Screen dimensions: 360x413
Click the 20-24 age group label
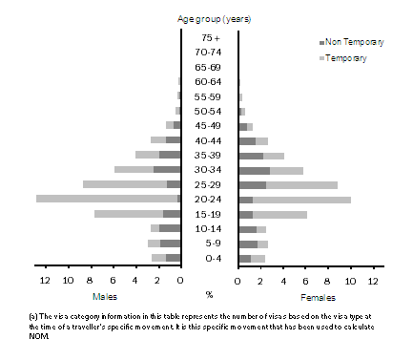(x=209, y=200)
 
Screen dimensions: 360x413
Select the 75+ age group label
(x=209, y=38)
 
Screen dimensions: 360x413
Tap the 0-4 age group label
(x=209, y=259)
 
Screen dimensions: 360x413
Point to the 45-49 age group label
(x=209, y=126)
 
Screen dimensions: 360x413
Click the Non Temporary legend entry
(x=355, y=43)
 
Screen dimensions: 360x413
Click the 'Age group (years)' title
(x=209, y=18)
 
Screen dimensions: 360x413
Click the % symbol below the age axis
(x=209, y=294)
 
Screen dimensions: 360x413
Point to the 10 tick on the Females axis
(x=350, y=280)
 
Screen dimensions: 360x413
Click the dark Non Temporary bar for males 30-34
(x=167, y=170)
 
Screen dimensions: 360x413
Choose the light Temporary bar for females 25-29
(x=301, y=184)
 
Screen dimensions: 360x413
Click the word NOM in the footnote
(x=17, y=335)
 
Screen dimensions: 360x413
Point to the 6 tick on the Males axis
(x=113, y=280)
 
